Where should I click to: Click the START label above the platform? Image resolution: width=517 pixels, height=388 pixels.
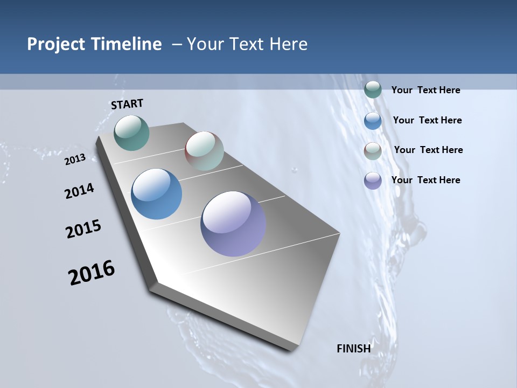point(127,104)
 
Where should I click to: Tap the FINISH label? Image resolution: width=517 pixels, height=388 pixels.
point(353,348)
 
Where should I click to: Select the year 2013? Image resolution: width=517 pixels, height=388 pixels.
point(75,159)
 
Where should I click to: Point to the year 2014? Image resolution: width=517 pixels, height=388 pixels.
point(80,191)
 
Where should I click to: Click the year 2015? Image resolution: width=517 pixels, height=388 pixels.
point(83,229)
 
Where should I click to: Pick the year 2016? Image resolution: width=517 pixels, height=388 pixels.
point(92,273)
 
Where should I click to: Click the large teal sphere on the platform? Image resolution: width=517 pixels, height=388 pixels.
point(131,133)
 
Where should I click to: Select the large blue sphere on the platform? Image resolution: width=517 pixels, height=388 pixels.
point(156,194)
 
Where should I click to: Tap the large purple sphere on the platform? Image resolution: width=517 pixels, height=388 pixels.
point(233,224)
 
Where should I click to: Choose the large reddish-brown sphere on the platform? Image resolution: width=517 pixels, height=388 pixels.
point(204,151)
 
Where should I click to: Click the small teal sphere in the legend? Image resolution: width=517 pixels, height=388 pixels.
point(373,90)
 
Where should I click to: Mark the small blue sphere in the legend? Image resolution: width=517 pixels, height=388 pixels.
point(373,121)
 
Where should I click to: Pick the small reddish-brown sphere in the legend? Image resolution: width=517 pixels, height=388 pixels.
point(373,151)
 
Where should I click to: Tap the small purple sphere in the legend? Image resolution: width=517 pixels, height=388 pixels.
point(373,181)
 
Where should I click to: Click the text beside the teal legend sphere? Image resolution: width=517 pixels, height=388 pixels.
point(425,90)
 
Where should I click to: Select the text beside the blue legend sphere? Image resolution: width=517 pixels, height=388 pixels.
point(427,120)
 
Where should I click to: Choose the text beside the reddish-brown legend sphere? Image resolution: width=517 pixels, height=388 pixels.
point(428,150)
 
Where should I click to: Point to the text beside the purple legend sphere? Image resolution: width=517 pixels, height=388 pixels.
point(425,180)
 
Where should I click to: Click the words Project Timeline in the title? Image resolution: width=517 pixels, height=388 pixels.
point(94,44)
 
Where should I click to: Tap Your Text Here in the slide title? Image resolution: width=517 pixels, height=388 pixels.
point(247,44)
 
